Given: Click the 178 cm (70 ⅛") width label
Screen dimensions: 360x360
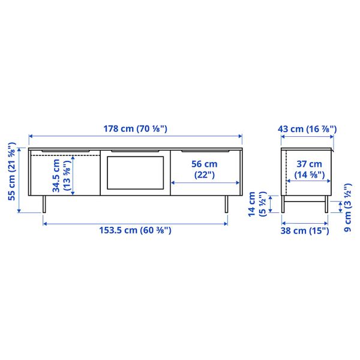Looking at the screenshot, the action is coord(135,129).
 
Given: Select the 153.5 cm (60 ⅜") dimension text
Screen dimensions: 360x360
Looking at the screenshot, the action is coord(135,230).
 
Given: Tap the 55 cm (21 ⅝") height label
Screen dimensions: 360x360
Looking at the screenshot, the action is coord(12,172).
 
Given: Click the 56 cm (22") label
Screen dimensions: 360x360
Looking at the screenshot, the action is coord(205,169).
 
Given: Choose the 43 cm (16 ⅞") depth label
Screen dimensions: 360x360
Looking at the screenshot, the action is coord(307,129).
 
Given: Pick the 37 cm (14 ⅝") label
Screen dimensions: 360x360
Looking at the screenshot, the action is coord(309,169).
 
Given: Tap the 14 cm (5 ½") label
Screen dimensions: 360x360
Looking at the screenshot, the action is coord(257,204).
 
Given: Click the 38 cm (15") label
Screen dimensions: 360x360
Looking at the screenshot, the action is coord(305,230).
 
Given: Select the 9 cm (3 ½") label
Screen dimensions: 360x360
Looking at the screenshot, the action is coord(348,208).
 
